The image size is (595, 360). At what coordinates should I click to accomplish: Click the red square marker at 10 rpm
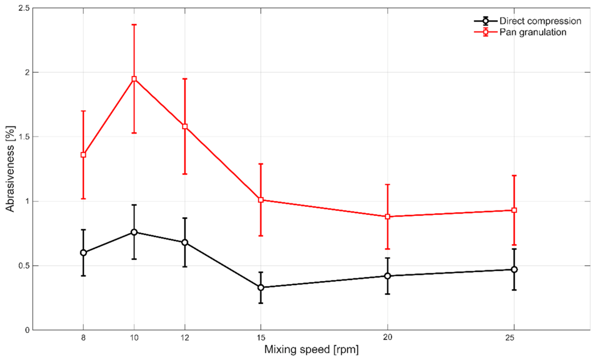pos(134,79)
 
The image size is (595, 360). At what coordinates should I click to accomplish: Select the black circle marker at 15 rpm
pos(260,287)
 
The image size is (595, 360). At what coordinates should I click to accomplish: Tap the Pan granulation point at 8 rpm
pos(83,155)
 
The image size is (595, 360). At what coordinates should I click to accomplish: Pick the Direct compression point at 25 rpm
pos(514,270)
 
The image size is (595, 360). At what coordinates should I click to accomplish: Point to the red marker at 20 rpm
pos(388,216)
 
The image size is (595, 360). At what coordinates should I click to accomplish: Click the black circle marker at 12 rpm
pos(185,242)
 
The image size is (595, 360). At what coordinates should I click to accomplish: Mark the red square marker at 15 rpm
pos(260,200)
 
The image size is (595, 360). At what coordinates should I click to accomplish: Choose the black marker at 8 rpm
pos(83,252)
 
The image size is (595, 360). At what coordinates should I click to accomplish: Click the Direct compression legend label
pos(540,21)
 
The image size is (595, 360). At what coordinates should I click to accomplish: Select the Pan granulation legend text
pos(533,32)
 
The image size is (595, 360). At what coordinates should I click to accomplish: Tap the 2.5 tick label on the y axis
pos(24,8)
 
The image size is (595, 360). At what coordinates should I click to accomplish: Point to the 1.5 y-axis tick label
pos(24,136)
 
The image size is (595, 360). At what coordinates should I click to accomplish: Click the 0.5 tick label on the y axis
pos(24,266)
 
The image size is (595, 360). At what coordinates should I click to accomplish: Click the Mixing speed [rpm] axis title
pos(311,350)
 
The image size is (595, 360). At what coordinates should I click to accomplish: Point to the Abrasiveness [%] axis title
pos(10,169)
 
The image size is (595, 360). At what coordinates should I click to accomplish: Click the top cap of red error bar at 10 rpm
pos(134,24)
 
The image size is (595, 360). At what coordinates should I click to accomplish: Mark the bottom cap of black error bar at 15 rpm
pos(260,303)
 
